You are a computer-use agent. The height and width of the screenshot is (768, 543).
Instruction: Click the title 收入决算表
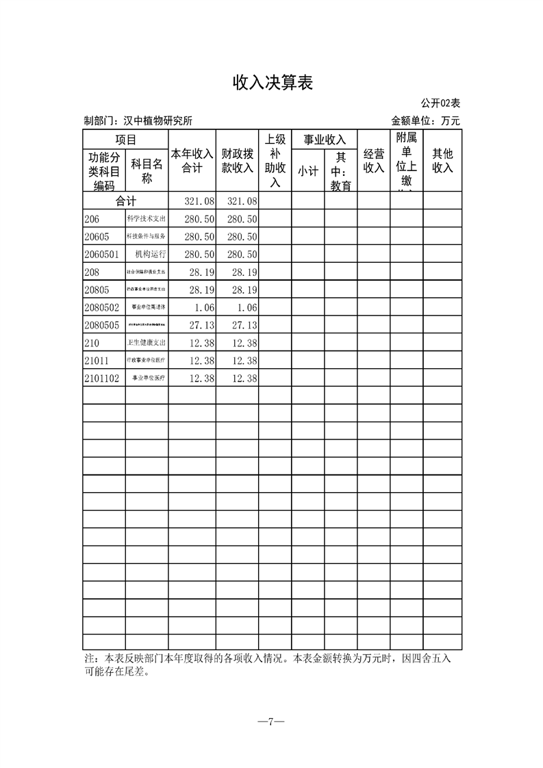coord(273,83)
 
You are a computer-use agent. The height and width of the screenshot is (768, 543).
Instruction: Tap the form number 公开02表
coord(440,103)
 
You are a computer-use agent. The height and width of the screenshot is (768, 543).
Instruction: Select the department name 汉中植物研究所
coord(157,121)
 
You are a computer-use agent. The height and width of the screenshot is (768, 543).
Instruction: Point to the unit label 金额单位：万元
coord(425,121)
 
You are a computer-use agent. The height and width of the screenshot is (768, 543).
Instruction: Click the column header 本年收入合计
coord(192,161)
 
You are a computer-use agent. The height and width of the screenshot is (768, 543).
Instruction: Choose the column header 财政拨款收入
coord(237,161)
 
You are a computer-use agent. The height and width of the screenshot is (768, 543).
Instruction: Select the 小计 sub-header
coord(307,172)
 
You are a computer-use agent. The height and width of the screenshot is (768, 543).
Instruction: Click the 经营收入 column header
coord(374,161)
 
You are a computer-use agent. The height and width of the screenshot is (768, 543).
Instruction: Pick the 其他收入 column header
coord(442,161)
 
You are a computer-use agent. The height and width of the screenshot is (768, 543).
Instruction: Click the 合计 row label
coord(125,201)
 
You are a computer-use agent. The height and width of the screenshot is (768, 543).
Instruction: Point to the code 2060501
coord(102,255)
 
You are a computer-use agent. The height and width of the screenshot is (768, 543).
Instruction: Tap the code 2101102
coord(102,379)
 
